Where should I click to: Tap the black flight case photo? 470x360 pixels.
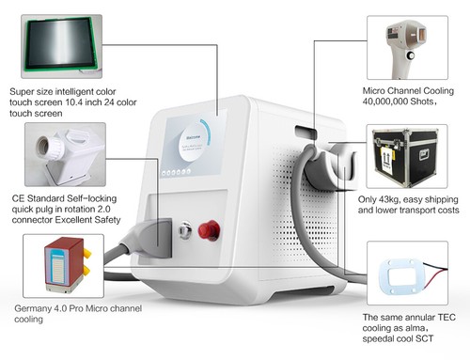401,154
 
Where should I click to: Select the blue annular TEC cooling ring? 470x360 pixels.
403,272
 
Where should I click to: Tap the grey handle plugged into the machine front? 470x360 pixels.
158,235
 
